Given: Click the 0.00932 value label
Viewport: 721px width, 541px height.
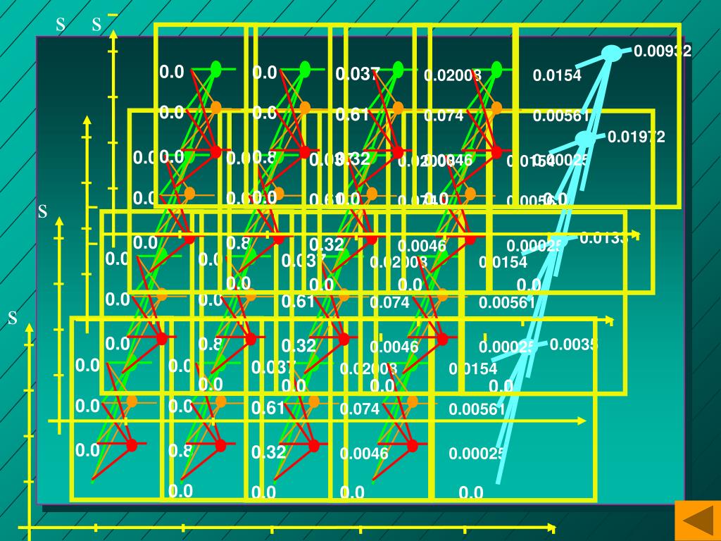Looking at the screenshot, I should [x=662, y=51].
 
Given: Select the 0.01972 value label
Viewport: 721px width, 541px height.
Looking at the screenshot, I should [x=636, y=137].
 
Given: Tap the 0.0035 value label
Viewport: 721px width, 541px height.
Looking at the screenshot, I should [x=573, y=344].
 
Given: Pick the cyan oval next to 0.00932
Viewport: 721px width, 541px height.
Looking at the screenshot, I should [x=613, y=53].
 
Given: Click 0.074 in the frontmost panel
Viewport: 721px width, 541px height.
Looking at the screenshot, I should [x=359, y=409].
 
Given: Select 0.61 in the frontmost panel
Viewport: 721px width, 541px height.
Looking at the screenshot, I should [x=268, y=409].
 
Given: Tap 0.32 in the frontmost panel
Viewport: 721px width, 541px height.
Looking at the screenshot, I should [x=268, y=452].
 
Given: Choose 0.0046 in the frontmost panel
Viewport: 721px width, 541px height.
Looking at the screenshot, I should [x=363, y=454].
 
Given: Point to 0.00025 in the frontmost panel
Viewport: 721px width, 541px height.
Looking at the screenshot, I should [x=477, y=454].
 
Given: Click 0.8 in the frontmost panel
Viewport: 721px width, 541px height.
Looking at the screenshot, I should [x=177, y=451].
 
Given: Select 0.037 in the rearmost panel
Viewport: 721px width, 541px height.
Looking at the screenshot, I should [x=358, y=73].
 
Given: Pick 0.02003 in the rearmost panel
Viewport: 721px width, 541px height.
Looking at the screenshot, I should [x=452, y=75].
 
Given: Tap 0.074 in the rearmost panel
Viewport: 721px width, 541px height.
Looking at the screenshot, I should [x=444, y=116].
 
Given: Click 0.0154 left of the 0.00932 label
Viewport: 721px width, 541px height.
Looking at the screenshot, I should [x=557, y=76].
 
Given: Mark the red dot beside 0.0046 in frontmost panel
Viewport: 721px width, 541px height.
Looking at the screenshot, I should [x=412, y=445].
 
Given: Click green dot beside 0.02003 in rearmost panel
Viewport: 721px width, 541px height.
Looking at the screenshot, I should [x=496, y=69].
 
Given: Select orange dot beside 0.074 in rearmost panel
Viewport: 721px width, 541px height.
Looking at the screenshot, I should [x=496, y=108].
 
